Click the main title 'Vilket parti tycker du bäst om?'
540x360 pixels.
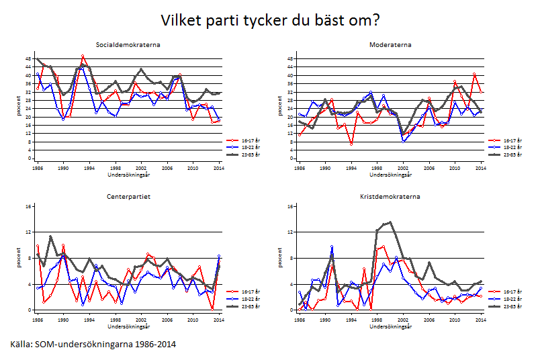click(270, 19)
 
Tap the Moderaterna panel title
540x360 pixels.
click(390, 45)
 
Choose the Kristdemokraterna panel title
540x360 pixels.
click(390, 197)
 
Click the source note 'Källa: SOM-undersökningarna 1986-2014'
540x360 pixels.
click(93, 344)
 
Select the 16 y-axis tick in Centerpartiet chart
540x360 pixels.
click(29, 206)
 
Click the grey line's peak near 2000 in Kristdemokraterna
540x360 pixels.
click(390, 222)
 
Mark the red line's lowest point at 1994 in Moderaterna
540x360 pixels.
click(351, 144)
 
